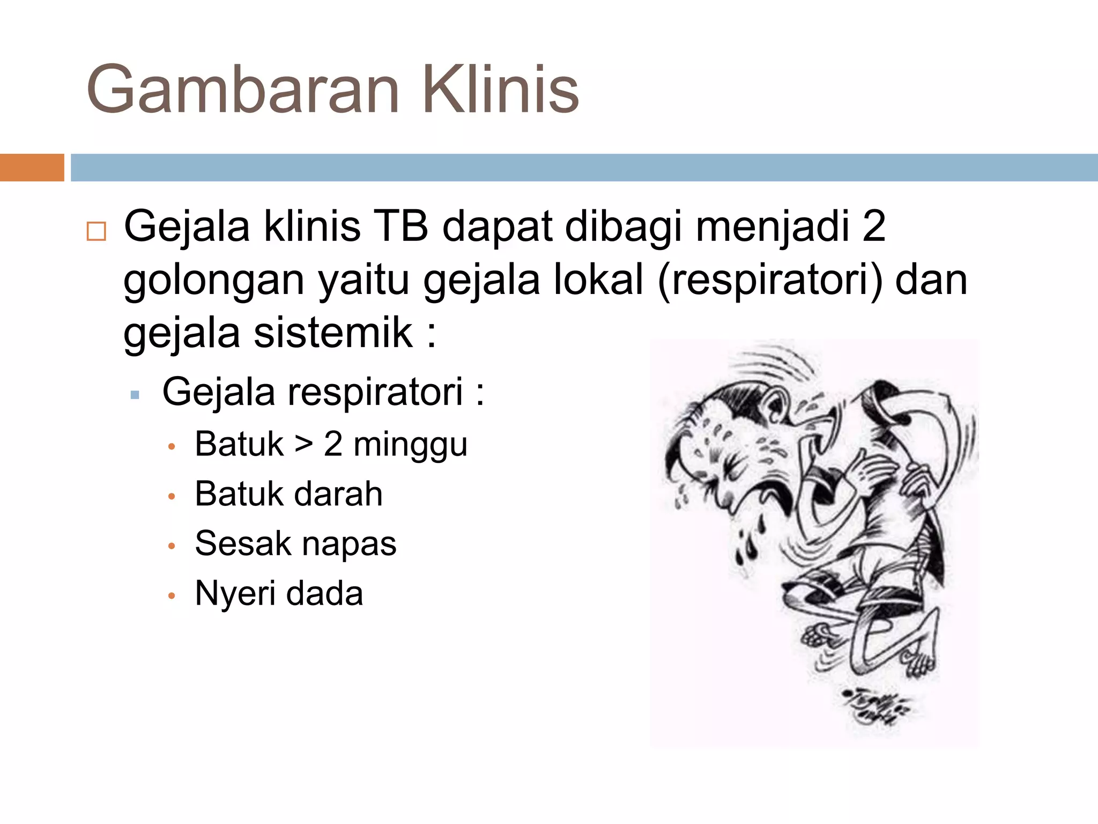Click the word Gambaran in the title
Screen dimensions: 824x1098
[243, 90]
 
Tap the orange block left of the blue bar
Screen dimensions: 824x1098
[32, 167]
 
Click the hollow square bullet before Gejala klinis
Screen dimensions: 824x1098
[97, 231]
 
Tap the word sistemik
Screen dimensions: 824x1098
[333, 333]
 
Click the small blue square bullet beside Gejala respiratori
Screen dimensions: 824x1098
[135, 395]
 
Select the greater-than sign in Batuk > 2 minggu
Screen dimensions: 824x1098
[303, 445]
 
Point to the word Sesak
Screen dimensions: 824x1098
[242, 543]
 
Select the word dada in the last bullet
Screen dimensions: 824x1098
[324, 593]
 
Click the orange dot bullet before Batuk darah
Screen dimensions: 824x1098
[172, 496]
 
